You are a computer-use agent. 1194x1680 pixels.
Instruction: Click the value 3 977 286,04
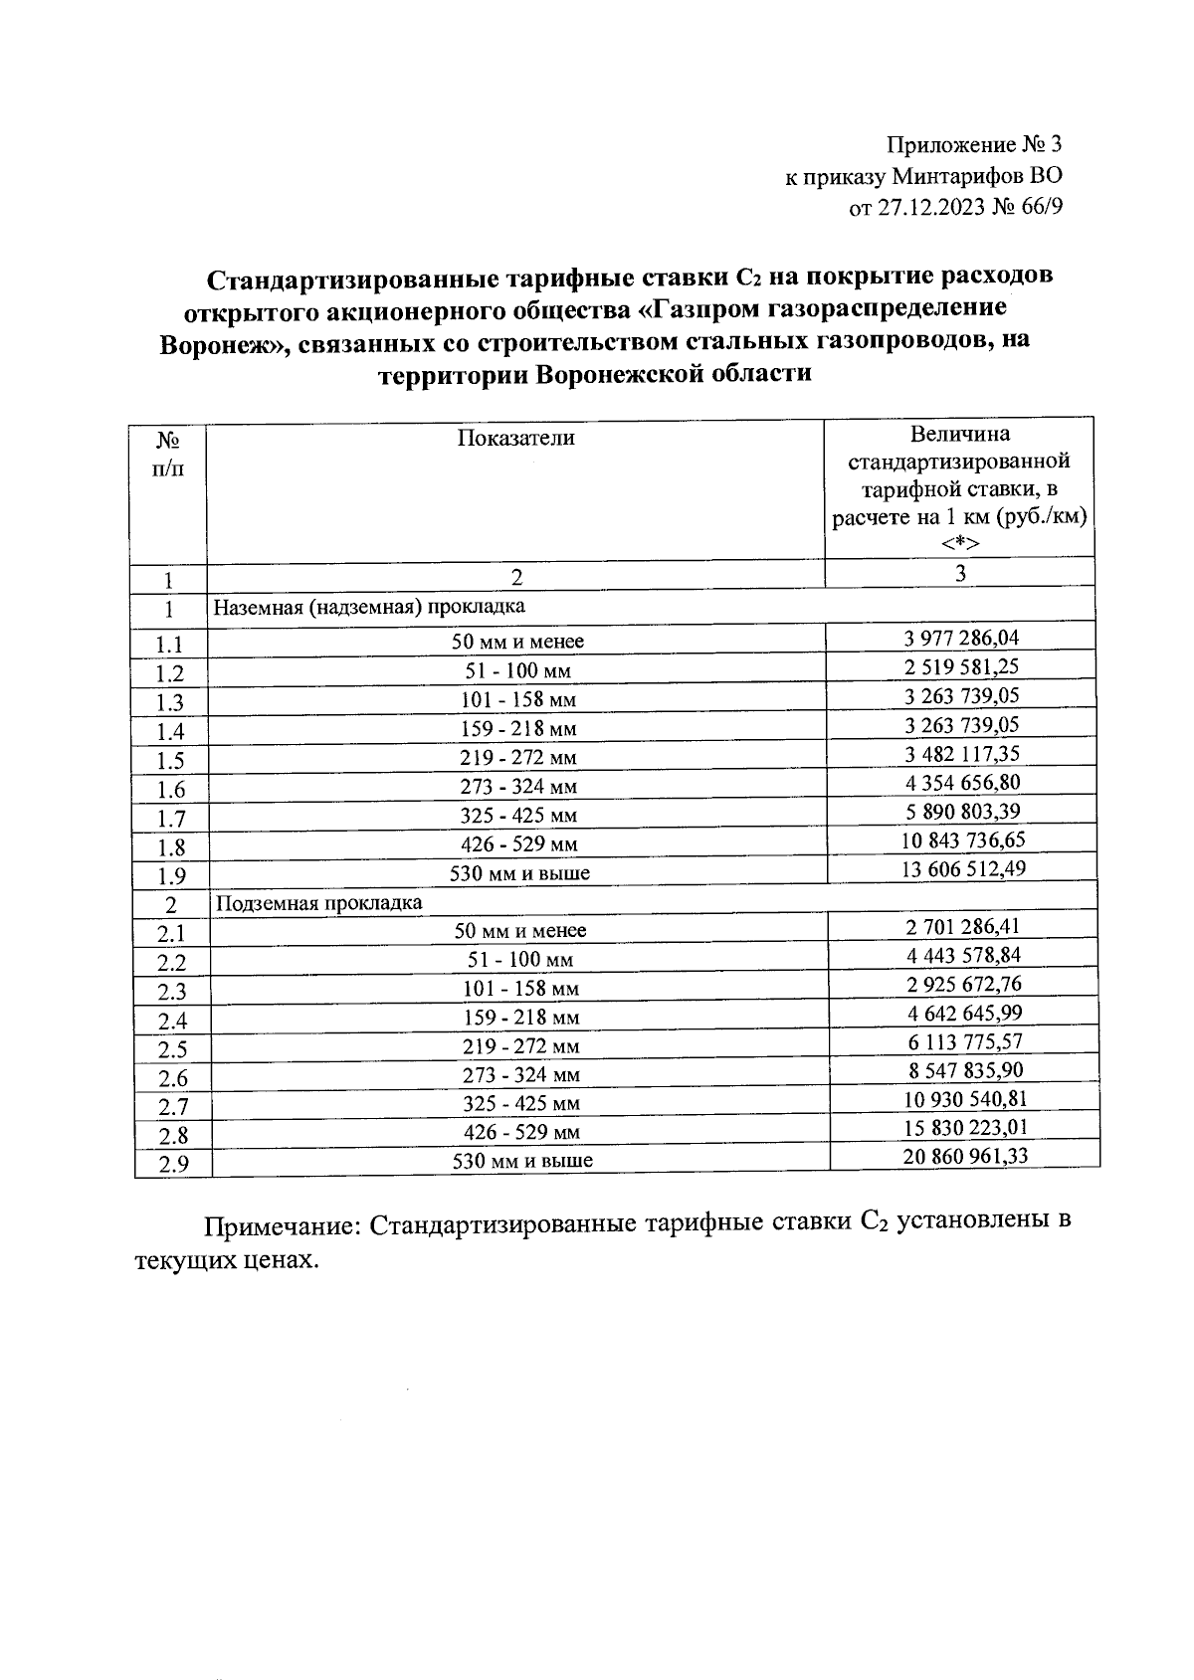tap(960, 638)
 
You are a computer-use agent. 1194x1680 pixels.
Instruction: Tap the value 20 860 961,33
tap(963, 1155)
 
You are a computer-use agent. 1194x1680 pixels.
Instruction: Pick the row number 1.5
tap(170, 761)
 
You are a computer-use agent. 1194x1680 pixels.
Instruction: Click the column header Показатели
tap(515, 438)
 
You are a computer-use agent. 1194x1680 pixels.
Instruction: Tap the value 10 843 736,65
tap(961, 840)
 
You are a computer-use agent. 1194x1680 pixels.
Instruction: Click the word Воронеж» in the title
tap(223, 344)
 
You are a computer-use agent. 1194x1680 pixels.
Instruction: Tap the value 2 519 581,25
tap(960, 666)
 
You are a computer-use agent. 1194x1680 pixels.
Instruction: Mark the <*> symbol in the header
tap(960, 543)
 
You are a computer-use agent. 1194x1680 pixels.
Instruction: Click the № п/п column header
tap(168, 452)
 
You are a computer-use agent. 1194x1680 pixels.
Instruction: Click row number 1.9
tap(170, 876)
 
